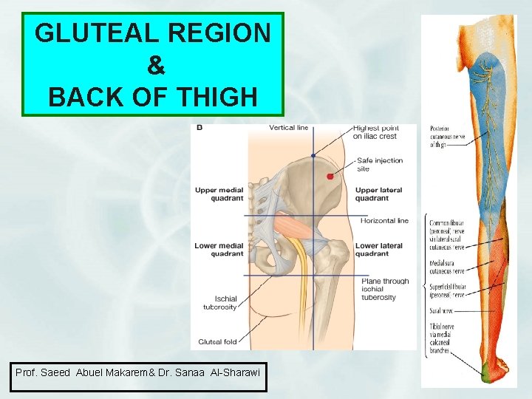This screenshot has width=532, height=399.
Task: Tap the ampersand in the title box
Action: coord(155,65)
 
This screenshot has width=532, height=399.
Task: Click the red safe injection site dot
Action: coord(330,176)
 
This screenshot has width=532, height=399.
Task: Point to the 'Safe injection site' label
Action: coord(378,164)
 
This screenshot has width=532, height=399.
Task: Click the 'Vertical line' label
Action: coord(288,128)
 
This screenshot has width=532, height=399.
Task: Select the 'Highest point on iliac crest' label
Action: coord(375,132)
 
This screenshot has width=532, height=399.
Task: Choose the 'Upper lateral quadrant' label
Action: coord(378,194)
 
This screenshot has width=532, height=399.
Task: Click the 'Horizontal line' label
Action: coord(384,221)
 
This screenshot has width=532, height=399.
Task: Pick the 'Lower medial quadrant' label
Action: coord(219,250)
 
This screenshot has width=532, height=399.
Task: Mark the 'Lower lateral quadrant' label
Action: coord(378,250)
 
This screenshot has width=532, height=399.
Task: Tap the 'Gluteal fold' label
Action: coord(216,342)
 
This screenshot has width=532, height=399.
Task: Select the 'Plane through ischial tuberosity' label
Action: coord(384,289)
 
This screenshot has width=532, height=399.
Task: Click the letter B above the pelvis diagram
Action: coord(199,128)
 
